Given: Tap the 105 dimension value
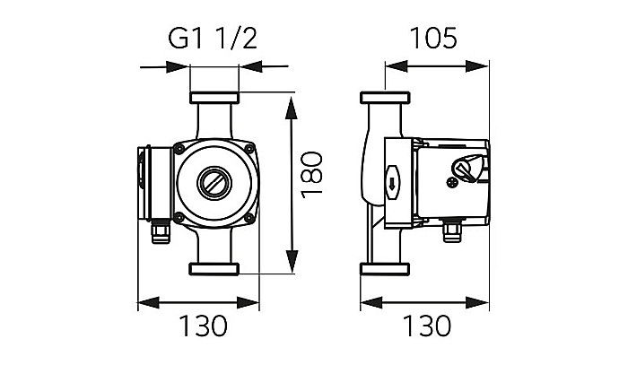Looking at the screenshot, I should pos(433,39).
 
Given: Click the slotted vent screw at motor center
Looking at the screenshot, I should pos(213,182).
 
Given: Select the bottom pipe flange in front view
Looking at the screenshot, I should pos(213,267).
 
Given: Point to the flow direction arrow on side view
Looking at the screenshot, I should pos(393,186).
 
